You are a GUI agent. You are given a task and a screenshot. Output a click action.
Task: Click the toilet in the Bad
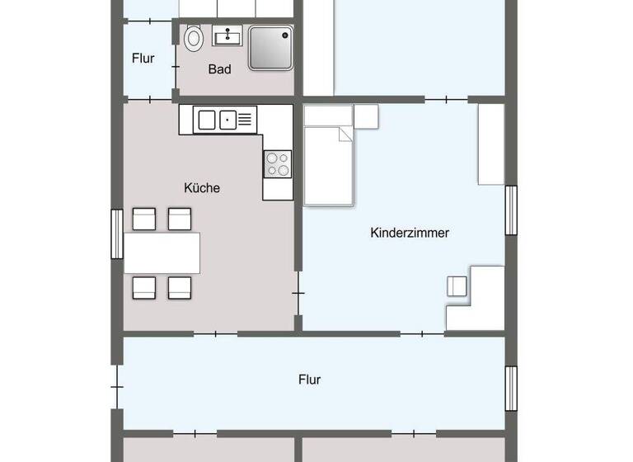coord(194,38)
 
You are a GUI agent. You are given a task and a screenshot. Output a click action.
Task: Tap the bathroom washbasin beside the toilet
coord(227,35)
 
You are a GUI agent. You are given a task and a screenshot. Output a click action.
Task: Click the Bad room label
coord(219,69)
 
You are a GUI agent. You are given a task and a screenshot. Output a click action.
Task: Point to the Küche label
coord(202,188)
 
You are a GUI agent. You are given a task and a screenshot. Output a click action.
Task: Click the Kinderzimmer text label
coord(410,233)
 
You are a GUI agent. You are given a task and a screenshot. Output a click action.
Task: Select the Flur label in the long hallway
coord(309,380)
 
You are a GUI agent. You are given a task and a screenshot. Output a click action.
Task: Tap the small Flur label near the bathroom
coord(143,59)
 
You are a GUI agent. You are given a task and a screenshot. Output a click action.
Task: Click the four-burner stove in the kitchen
coord(277,163)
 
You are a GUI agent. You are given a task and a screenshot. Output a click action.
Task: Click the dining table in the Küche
coord(162,252)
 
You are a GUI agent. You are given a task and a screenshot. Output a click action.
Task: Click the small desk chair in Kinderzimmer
coord(457,286)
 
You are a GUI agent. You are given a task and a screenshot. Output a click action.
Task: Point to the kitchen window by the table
coord(116,234)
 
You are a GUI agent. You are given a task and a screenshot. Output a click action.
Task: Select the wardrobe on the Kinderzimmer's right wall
coord(491,144)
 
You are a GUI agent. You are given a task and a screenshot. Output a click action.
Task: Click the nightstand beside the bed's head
coord(365,116)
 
